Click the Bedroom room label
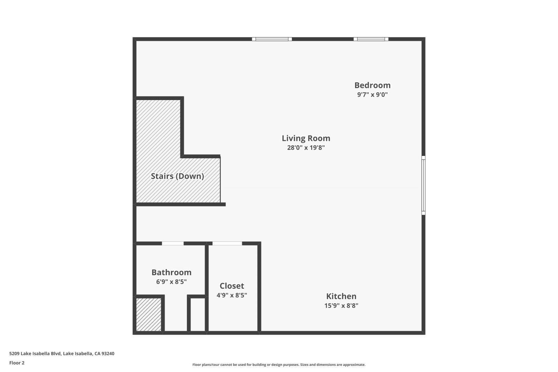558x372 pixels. point(372,85)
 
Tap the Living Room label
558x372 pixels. point(306,138)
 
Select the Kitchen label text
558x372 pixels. point(341,296)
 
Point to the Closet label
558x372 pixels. point(232,286)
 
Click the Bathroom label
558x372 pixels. point(171,272)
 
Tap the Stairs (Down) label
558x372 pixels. point(177,176)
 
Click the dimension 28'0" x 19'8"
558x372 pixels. point(306,147)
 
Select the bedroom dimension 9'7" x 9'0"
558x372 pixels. point(372,94)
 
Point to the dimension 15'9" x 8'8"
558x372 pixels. point(341,306)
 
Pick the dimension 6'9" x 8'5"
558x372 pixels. point(171,282)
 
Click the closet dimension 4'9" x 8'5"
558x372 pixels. point(232,295)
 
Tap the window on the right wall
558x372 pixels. point(423,185)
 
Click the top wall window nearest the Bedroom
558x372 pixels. point(371,39)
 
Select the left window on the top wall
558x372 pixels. point(272,39)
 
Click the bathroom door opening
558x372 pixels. point(173,243)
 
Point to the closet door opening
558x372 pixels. point(227,243)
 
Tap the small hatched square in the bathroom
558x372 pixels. point(149,314)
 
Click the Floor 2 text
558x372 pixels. point(17,363)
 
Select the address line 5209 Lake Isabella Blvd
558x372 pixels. point(62,354)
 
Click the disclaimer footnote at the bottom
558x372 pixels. point(279,365)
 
